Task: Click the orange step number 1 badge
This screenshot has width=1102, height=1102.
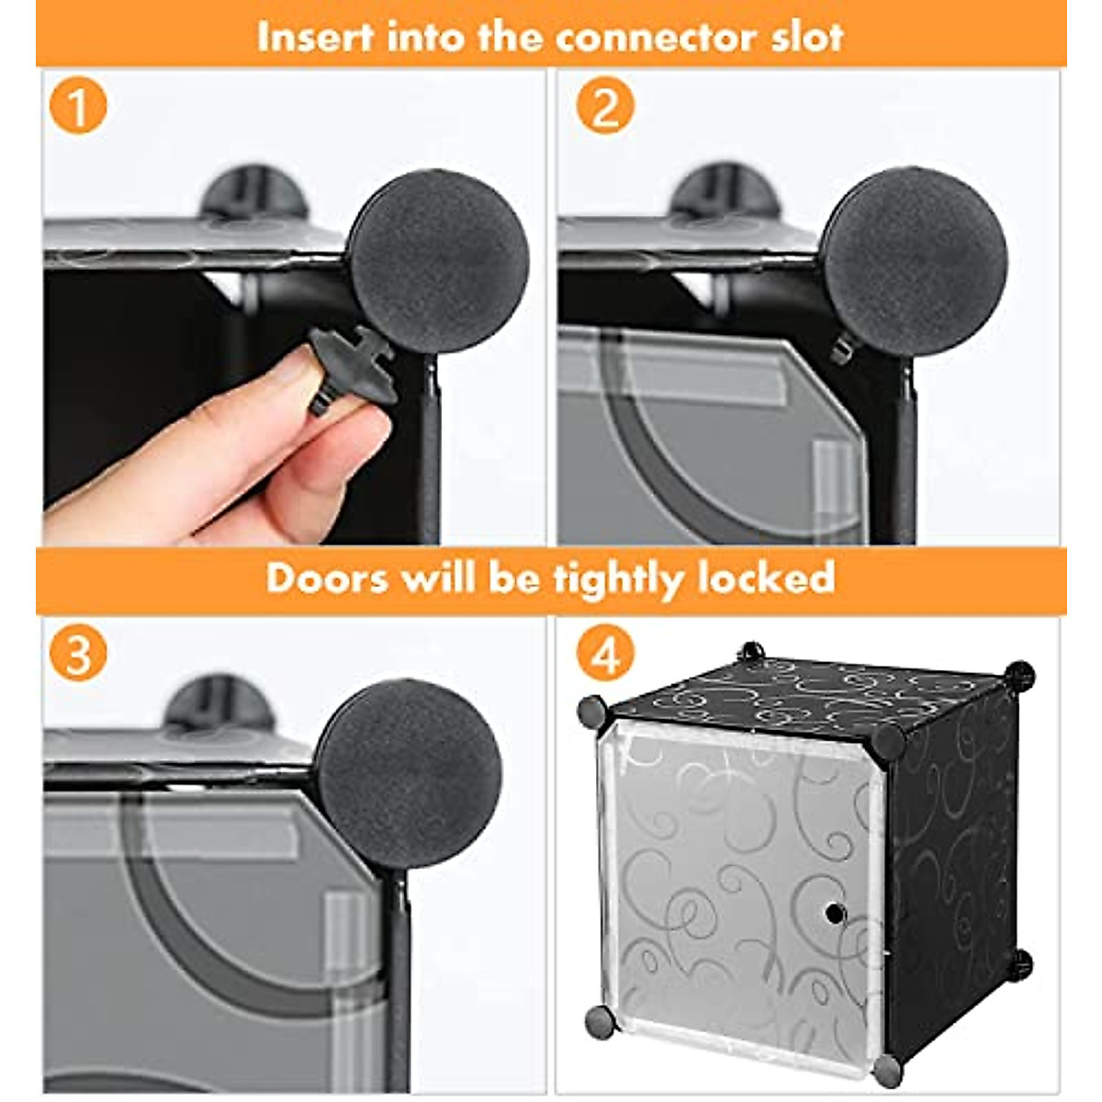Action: click(78, 106)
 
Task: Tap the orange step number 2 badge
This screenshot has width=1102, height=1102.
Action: click(605, 106)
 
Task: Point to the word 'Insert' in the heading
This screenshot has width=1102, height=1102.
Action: click(316, 37)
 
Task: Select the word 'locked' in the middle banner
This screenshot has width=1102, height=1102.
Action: click(766, 578)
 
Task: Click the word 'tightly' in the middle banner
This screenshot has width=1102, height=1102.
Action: click(618, 581)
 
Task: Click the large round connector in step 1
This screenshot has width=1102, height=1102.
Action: click(439, 261)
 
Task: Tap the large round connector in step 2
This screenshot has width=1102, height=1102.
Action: click(913, 261)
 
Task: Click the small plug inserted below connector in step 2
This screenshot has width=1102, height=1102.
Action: click(842, 350)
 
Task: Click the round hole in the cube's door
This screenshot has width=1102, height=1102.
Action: click(835, 913)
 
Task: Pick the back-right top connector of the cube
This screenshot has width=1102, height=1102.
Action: click(1019, 677)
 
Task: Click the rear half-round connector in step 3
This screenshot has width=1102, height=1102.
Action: click(219, 703)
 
